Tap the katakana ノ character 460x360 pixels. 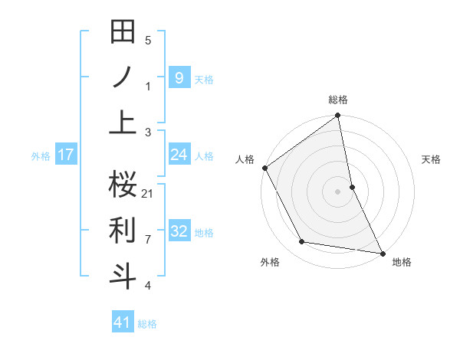click(123, 77)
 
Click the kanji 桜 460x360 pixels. click(123, 184)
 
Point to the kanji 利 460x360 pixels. click(123, 229)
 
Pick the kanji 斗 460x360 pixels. click(123, 275)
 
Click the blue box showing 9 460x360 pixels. click(179, 77)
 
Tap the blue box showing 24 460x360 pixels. click(179, 155)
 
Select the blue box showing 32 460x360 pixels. click(179, 231)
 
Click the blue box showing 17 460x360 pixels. click(65, 155)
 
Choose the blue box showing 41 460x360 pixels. click(123, 322)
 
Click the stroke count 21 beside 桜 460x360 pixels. click(148, 193)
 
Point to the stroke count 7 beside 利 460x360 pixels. click(148, 239)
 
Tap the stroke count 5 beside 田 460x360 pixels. click(148, 41)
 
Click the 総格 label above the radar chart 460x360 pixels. click(338, 100)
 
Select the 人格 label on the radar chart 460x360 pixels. click(245, 159)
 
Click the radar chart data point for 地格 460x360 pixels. click(382, 253)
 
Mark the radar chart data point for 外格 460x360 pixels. click(302, 242)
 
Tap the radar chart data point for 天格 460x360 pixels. click(352, 186)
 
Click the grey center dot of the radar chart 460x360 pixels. click(338, 191)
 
